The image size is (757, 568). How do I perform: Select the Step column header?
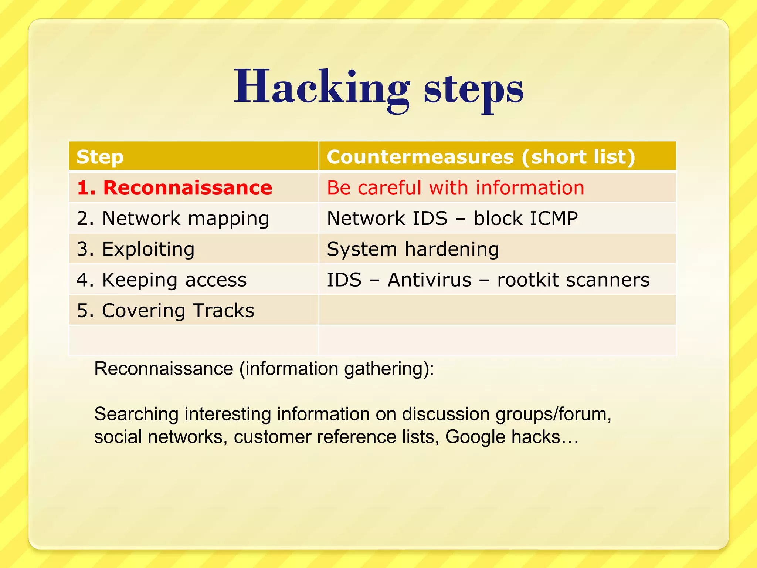point(100,157)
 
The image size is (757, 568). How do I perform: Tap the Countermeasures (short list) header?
point(481,157)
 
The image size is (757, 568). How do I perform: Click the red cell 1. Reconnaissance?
point(174,187)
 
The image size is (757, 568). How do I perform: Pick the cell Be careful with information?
point(455,187)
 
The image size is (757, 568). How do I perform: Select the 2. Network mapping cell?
point(173,218)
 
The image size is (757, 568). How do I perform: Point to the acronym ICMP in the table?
point(554,218)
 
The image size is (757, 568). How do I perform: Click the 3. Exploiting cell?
point(135,249)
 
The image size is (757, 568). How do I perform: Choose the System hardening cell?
point(413,249)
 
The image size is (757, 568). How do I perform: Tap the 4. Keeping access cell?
point(162,280)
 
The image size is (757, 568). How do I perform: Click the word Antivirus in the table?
point(430,280)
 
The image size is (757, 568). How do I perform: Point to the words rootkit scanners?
point(573,280)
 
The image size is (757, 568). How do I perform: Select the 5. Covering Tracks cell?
point(165,310)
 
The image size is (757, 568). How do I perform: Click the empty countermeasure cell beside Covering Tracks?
point(497,310)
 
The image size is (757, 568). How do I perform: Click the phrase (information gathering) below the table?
point(336,369)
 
